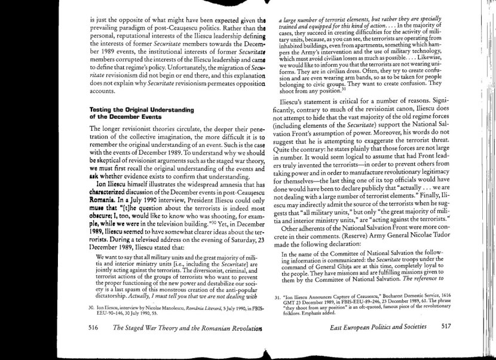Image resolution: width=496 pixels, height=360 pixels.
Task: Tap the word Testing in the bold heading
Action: [102, 110]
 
